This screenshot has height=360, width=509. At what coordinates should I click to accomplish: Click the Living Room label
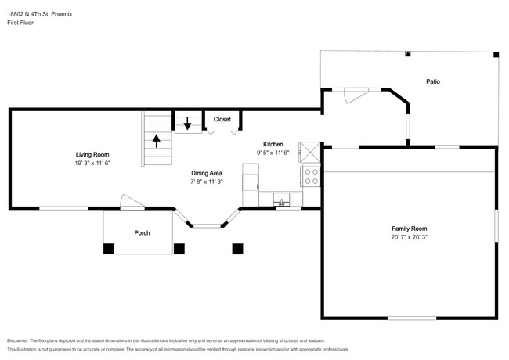click(92, 155)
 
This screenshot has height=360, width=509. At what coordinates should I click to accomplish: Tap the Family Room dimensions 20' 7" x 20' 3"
click(409, 237)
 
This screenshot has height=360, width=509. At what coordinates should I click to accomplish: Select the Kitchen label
click(273, 144)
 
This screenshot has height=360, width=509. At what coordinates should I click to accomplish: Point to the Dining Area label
click(207, 173)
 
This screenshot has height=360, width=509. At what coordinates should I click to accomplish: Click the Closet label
click(222, 120)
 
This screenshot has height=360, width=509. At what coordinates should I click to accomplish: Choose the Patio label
click(433, 81)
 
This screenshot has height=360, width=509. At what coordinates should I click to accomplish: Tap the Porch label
click(143, 233)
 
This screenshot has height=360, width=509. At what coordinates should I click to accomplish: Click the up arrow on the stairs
click(157, 142)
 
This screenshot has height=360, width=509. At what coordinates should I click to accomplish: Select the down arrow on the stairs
click(187, 124)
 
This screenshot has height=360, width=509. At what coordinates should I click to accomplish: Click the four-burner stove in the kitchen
click(311, 176)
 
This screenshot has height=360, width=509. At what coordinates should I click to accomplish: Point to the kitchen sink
click(281, 200)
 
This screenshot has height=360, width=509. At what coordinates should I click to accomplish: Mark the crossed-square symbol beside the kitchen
click(309, 152)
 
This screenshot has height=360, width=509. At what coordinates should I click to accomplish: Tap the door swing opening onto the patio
click(356, 96)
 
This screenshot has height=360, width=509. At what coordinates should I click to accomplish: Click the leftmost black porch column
click(109, 249)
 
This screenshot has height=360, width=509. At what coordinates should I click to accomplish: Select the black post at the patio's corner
click(496, 55)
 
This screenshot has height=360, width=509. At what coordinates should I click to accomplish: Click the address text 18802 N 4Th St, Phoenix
click(40, 14)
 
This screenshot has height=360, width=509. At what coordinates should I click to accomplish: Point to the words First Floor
click(20, 23)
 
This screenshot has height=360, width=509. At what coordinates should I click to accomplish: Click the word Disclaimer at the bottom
click(18, 341)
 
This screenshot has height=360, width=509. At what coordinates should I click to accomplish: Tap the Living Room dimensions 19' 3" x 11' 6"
click(92, 163)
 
